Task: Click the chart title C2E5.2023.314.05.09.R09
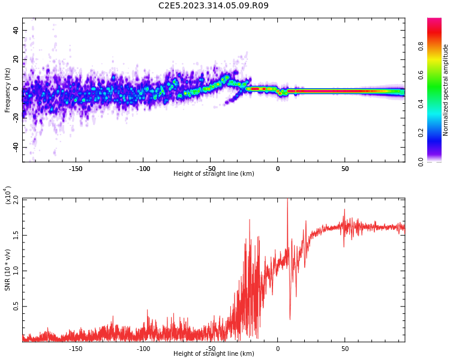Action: pos(214,6)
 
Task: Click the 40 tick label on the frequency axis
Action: pos(15,30)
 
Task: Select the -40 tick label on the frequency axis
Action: pos(14,147)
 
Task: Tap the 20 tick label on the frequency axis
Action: pos(15,59)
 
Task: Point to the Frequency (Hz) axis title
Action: pos(8,90)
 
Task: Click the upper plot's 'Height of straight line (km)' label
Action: pos(214,174)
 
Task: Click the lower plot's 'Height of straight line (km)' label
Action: pos(214,354)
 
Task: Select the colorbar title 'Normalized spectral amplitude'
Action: pos(446,90)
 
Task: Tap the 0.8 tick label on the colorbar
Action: pos(421,46)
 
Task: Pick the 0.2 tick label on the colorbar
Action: pos(421,133)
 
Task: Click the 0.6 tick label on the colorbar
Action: pos(421,75)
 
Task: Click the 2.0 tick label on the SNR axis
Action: pos(16,199)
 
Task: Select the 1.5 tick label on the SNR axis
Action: pos(16,235)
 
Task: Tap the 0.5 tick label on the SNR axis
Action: pos(16,306)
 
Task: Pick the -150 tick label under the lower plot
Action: pos(76,348)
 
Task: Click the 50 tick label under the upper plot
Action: pos(345,169)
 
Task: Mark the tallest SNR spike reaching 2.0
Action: pos(287,200)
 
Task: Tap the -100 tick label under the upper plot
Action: pos(143,169)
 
